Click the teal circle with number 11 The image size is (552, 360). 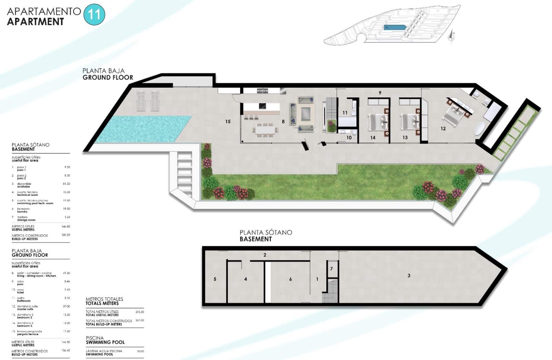coord(94,14)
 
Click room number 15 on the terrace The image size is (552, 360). coord(228,121)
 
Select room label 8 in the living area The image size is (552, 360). coord(283,121)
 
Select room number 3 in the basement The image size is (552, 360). coord(409,276)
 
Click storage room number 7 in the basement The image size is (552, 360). coord(331,269)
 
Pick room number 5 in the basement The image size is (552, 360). coord(215,279)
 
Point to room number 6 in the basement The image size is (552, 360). coord(290,279)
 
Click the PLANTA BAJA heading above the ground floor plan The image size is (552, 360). coord(103,71)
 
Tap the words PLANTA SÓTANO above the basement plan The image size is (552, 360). coord(266,232)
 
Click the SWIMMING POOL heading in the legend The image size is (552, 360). coord(105,342)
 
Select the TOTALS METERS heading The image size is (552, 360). coord(102,303)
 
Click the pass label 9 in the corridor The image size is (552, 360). coord(380,93)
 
